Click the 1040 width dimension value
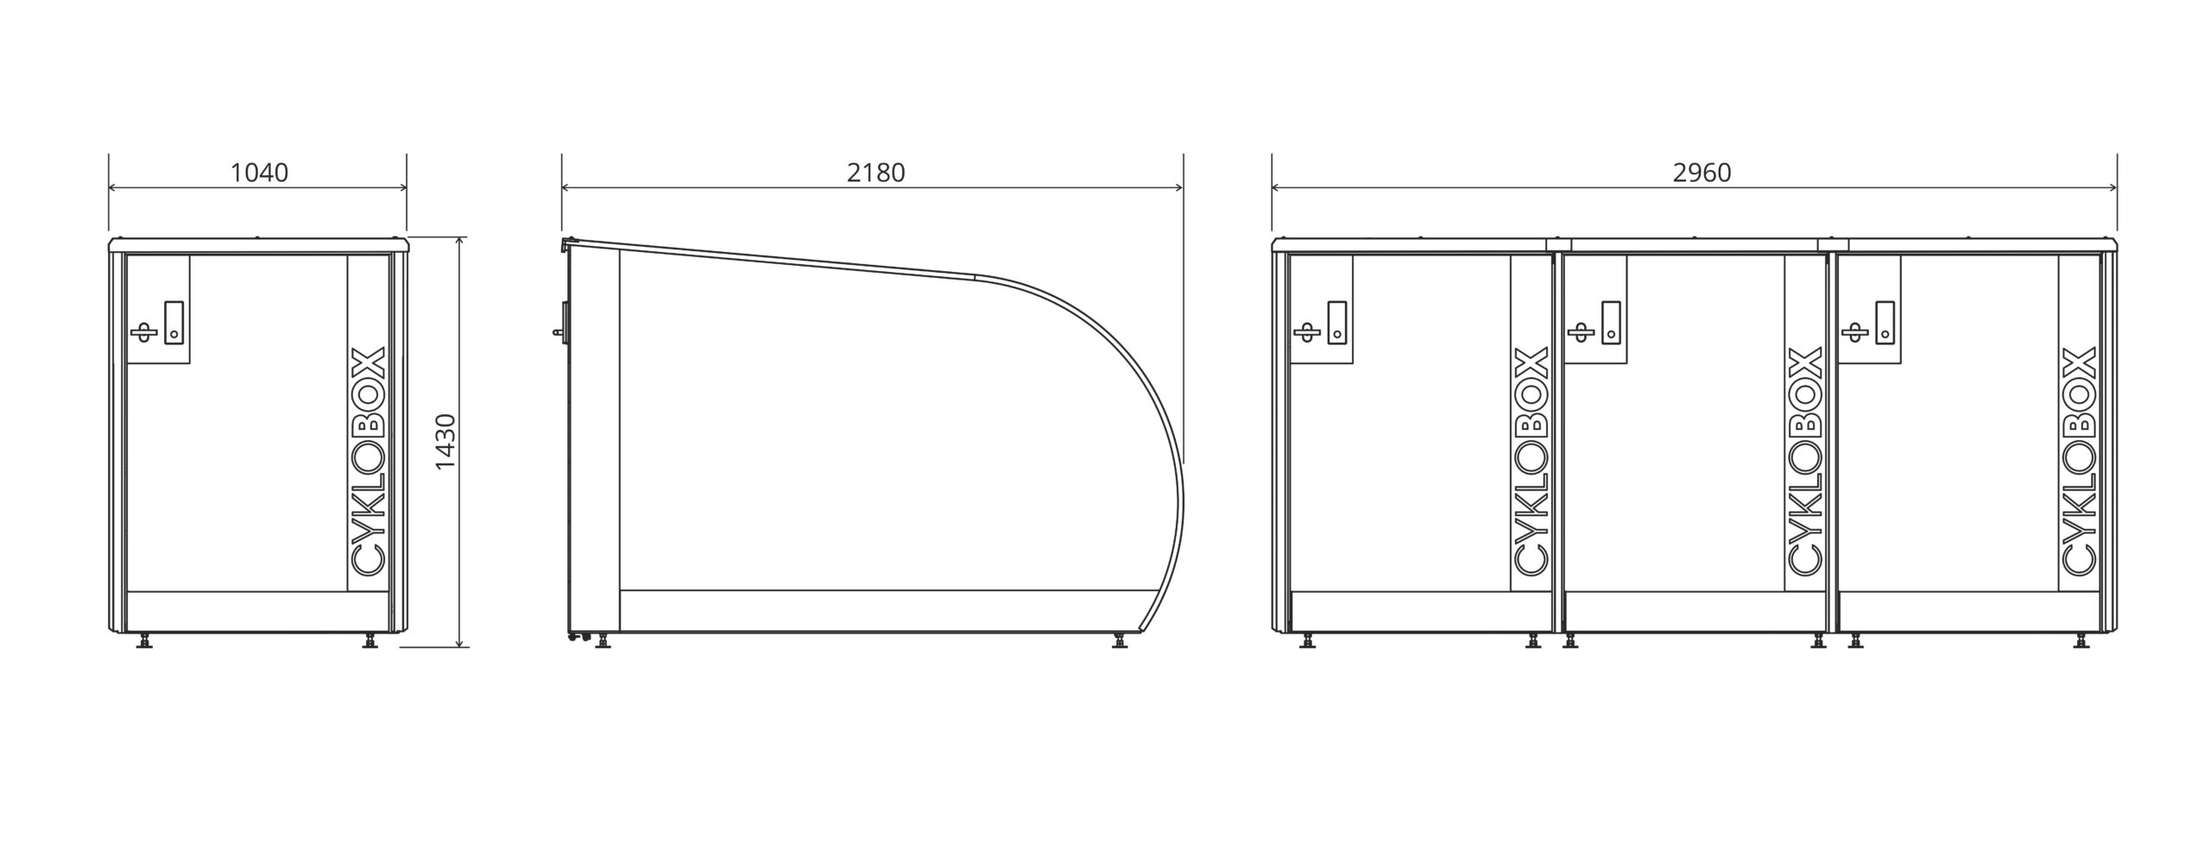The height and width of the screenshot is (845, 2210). coord(259,173)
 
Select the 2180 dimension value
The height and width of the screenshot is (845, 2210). coord(875,173)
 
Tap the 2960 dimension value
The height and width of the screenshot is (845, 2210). coord(1702,173)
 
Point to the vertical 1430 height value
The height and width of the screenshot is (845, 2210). coord(445,442)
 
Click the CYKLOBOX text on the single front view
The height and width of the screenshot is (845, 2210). coord(369,461)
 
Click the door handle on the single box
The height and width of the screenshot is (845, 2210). coord(143,331)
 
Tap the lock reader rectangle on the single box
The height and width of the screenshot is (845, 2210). coord(174,322)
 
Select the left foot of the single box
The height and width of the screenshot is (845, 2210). coord(144,640)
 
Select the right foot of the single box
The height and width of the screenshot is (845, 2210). coord(371,640)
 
